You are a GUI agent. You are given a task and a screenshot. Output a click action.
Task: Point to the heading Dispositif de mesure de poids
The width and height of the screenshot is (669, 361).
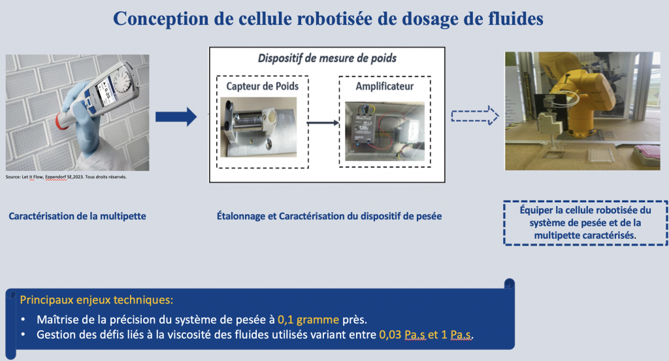pyautogui.click(x=327, y=59)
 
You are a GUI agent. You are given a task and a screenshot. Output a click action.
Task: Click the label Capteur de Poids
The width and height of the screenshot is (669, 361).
pyautogui.click(x=257, y=86)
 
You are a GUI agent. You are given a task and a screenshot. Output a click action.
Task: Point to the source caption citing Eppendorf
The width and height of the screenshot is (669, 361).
pyautogui.click(x=65, y=177)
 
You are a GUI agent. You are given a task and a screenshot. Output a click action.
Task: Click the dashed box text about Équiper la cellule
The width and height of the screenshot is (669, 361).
pyautogui.click(x=586, y=222)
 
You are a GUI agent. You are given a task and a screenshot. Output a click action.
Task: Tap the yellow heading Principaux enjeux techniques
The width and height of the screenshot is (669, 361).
pyautogui.click(x=97, y=300)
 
